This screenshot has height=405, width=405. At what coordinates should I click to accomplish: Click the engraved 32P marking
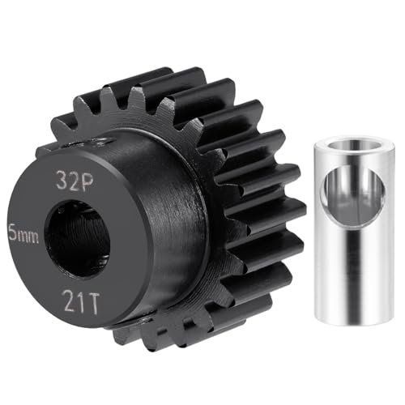coord(75,181)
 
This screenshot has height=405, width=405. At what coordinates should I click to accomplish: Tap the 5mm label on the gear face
coord(23,234)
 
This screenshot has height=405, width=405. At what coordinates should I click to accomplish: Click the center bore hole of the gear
coord(78,236)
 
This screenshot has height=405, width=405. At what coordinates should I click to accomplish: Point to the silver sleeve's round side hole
coord(353,195)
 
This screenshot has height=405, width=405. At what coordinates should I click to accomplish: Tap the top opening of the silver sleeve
coord(355,144)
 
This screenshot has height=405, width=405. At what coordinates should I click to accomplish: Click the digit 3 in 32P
coord(62,180)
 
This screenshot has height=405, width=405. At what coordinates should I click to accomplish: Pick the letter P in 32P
coord(87,181)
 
